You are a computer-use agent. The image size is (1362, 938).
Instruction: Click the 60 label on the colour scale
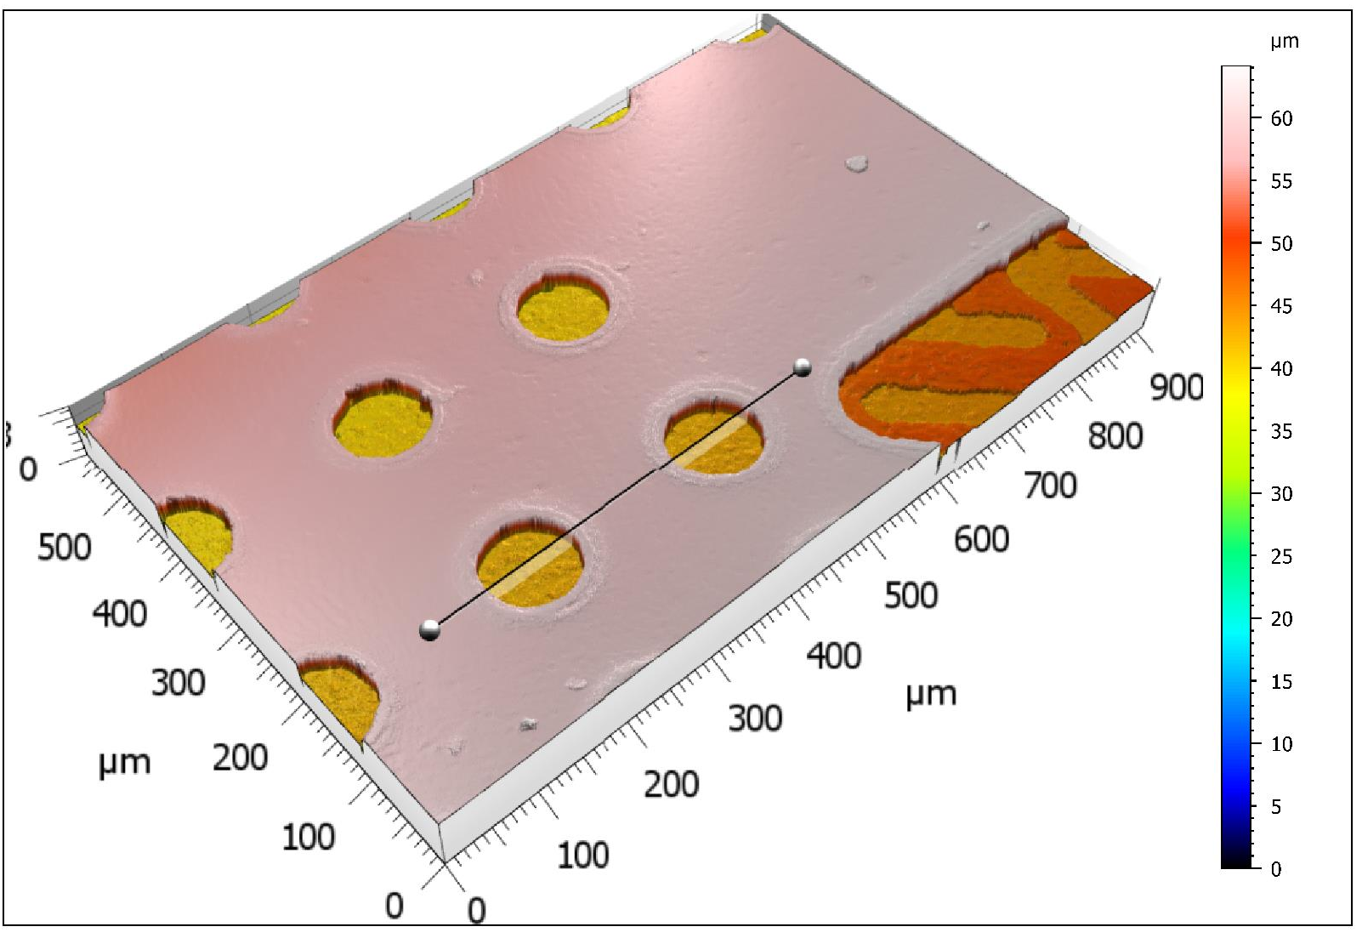(x=1281, y=118)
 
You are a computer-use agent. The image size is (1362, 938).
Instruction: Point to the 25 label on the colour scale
(x=1281, y=556)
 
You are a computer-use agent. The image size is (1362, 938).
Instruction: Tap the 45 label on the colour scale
(x=1281, y=306)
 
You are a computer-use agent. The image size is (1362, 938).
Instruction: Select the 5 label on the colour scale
(x=1276, y=806)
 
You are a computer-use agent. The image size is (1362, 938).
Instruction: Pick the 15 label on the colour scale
(x=1281, y=681)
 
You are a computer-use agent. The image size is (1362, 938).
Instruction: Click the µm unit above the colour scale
(x=1285, y=42)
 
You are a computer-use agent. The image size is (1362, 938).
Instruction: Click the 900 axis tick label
(x=1176, y=387)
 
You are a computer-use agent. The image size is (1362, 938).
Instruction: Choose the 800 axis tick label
(x=1115, y=436)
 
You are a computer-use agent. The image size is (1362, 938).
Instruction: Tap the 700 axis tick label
(x=1050, y=486)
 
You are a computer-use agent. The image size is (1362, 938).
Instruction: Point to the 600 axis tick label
(x=981, y=539)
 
